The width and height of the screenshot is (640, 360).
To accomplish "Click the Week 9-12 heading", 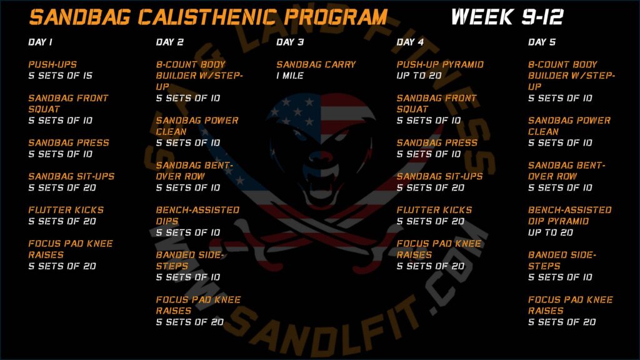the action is click(x=507, y=17).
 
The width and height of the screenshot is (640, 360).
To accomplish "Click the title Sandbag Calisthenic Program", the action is click(x=208, y=17).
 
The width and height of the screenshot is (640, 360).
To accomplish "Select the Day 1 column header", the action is click(x=41, y=42).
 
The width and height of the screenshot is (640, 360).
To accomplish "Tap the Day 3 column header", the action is click(x=290, y=42).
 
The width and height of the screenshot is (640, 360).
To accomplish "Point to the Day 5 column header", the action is click(x=542, y=42).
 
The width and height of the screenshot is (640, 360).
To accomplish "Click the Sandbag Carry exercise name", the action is click(x=316, y=64).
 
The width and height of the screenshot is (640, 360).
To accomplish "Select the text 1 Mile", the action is click(x=290, y=76).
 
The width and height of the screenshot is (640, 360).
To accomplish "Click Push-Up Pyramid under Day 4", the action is click(x=440, y=64).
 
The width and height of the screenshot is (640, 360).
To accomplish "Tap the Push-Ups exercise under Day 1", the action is click(x=52, y=64).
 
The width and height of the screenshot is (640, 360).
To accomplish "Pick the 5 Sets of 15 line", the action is click(x=61, y=76).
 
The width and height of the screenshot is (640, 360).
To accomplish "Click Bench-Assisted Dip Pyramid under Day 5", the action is click(x=570, y=216).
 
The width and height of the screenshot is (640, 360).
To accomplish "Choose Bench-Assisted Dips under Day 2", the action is click(x=197, y=216).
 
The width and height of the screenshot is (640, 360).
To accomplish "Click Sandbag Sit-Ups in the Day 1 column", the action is click(x=71, y=176).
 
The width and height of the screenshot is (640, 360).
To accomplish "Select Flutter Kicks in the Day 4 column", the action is click(x=434, y=210).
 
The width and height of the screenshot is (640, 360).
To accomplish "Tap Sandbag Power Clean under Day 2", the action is click(x=197, y=126).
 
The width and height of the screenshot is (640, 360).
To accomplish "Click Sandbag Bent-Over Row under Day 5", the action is click(x=566, y=171).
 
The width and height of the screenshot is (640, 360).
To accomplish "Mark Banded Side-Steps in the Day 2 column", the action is click(x=190, y=261).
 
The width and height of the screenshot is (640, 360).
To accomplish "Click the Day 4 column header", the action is click(x=410, y=42).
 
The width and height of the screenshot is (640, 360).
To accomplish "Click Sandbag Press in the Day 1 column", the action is click(x=69, y=143).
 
